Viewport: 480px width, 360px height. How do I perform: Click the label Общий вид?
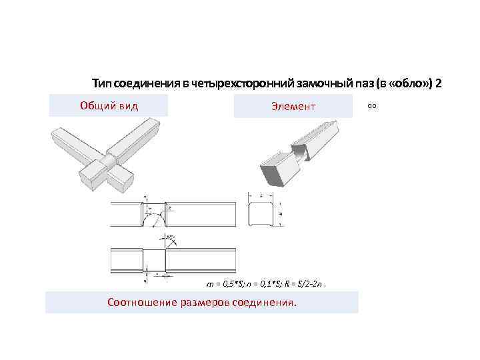(109, 105)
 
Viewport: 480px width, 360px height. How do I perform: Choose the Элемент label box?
(293, 106)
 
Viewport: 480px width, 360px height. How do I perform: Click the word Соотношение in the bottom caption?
(141, 303)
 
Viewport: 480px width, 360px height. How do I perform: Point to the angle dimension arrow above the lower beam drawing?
(169, 238)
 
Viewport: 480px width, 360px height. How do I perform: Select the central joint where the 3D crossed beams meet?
(109, 163)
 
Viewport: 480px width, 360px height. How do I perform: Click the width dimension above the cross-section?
(262, 196)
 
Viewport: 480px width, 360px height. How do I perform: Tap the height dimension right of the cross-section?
(283, 215)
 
